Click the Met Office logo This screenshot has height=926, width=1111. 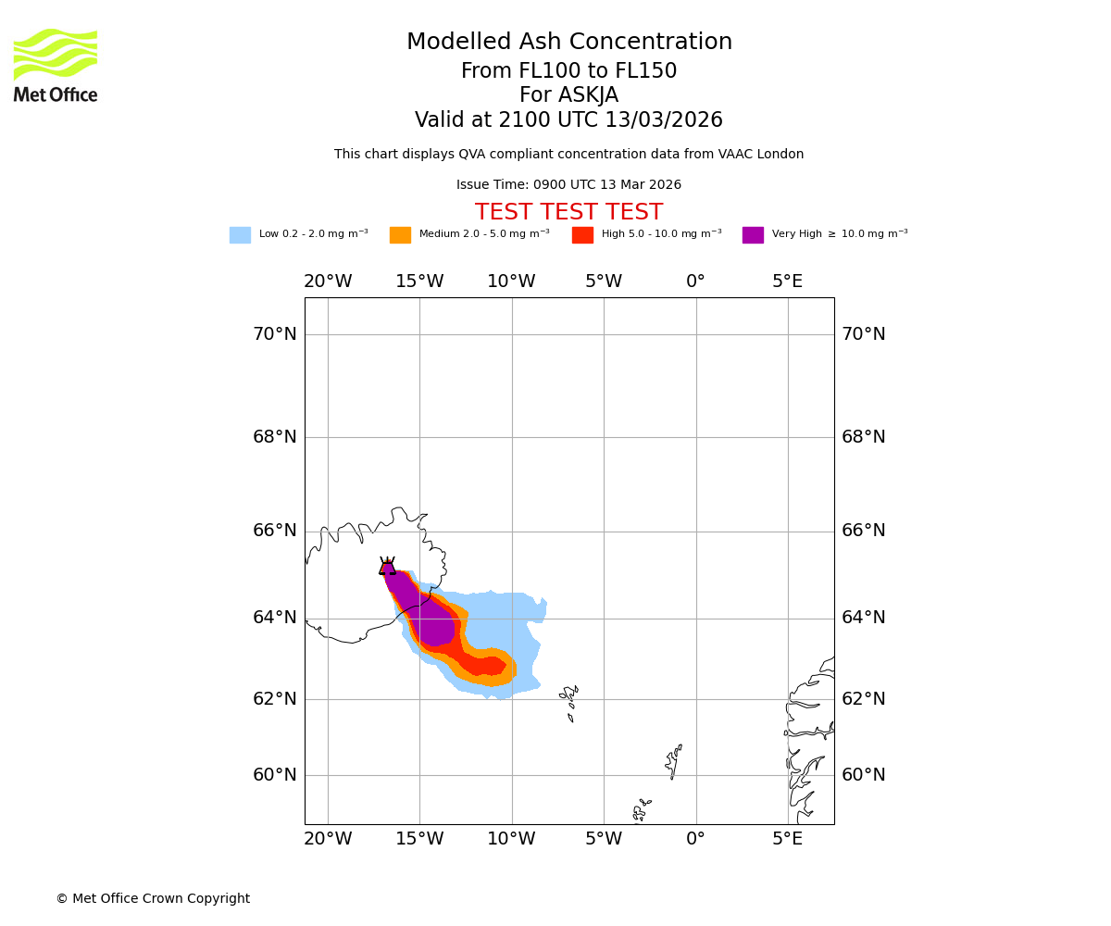point(56,65)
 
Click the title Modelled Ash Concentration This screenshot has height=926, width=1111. point(568,43)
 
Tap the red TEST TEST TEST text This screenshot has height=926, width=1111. point(568,212)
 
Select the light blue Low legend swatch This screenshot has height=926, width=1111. point(240,235)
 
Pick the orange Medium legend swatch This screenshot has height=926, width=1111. point(400,235)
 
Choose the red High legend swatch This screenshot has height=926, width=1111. point(582,235)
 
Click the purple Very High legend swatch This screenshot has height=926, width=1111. point(753,235)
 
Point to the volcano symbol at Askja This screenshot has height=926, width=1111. point(387,567)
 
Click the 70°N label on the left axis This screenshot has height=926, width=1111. point(275,334)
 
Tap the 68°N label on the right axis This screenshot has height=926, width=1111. point(863,437)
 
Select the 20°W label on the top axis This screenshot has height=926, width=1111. point(328,282)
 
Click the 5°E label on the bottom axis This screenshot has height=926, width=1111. point(788,839)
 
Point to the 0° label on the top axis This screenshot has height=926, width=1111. point(695,282)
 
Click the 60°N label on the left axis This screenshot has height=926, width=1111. point(275,775)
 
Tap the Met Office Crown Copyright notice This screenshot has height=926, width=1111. point(153,898)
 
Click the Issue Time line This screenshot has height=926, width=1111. point(568,185)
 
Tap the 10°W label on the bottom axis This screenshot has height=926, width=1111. point(511,839)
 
